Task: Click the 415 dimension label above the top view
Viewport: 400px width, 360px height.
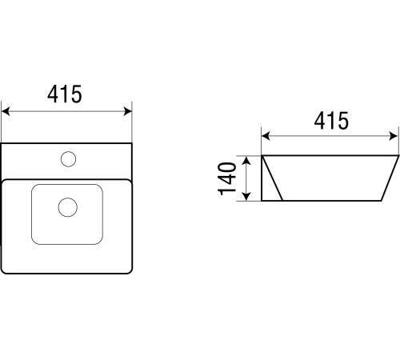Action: (65, 94)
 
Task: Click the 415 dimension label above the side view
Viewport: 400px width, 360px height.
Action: (331, 121)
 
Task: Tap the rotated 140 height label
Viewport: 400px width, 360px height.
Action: (227, 178)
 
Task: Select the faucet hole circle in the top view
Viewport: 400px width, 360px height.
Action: (68, 159)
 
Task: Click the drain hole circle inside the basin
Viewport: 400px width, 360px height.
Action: (68, 207)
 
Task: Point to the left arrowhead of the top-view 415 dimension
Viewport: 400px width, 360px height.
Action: (6, 111)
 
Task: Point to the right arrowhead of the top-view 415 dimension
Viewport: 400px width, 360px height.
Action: (128, 111)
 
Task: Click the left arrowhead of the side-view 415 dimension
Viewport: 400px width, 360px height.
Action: (266, 136)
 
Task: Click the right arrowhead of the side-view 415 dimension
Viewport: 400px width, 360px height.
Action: (394, 136)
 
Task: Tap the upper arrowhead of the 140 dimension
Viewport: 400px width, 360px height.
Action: (247, 161)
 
